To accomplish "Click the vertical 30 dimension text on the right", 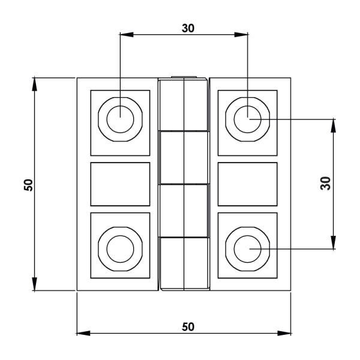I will point(326,184).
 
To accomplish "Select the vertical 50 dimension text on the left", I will point(28,185).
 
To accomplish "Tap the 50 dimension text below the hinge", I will point(188,326).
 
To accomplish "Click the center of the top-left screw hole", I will point(120,117).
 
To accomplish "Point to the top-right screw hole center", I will point(247,117).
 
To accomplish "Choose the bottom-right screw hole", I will point(247,247).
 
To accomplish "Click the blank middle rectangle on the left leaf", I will point(120,184).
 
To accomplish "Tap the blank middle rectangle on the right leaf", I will point(247,184).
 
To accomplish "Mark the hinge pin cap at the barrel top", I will point(184,77).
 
